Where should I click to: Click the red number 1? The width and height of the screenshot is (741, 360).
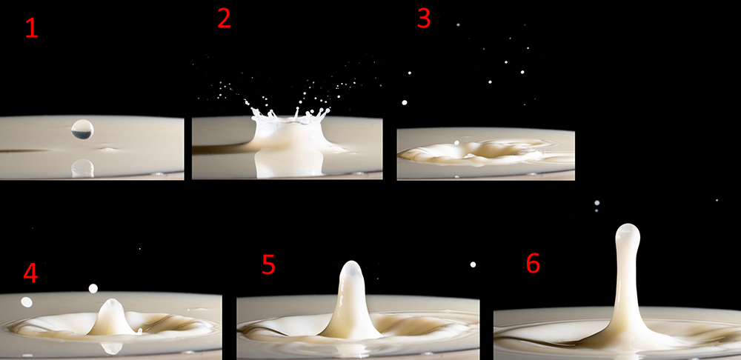(x=31, y=28)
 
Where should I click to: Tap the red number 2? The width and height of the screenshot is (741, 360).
(x=224, y=19)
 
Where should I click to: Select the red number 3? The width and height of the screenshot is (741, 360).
(x=424, y=19)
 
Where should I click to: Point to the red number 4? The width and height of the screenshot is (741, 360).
(x=30, y=273)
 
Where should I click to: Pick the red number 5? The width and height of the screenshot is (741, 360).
(x=268, y=265)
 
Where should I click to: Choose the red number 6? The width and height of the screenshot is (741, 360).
(x=533, y=264)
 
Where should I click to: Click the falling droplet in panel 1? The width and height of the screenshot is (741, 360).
(x=82, y=129)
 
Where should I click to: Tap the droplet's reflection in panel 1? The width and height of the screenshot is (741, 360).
(x=82, y=168)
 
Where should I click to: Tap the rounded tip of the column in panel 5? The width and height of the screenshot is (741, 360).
(x=351, y=270)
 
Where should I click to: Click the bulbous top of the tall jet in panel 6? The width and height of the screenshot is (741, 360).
(x=628, y=234)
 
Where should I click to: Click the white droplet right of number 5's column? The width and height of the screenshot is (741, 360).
(x=473, y=264)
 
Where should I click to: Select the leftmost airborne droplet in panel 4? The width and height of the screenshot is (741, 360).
(x=27, y=302)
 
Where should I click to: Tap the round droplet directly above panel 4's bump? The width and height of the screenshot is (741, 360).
(x=93, y=288)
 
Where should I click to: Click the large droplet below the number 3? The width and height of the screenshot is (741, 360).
(x=404, y=102)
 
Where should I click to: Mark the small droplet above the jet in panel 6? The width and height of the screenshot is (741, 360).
(x=597, y=203)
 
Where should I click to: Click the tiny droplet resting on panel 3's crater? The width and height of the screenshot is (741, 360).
(x=456, y=142)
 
